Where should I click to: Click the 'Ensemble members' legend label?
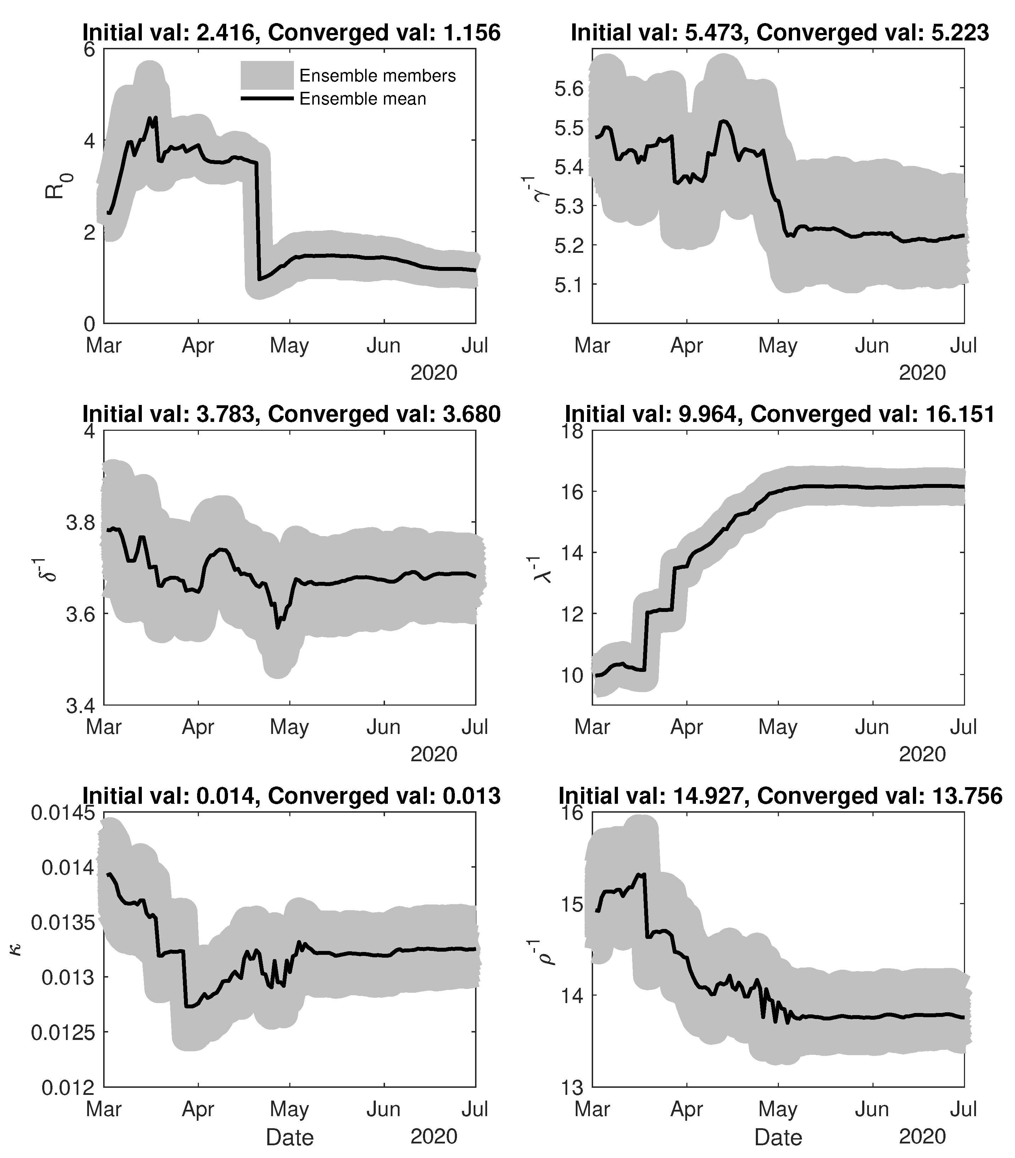pyautogui.click(x=377, y=76)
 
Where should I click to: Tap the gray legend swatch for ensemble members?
pyautogui.click(x=267, y=76)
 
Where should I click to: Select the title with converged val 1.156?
pyautogui.click(x=291, y=32)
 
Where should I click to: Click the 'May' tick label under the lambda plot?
pyautogui.click(x=778, y=727)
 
